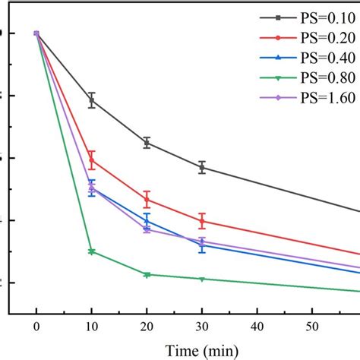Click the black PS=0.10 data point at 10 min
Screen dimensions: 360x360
[x=92, y=100]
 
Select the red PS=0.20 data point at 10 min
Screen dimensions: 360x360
[x=92, y=159]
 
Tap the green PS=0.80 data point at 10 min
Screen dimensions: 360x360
[x=92, y=251]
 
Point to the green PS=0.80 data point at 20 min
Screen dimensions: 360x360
[x=147, y=275]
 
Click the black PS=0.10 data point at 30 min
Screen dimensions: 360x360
[x=202, y=168]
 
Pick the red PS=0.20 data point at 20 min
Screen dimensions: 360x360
[x=147, y=200]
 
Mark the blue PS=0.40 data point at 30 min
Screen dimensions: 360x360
[x=202, y=245]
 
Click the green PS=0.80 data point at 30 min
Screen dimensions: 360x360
[x=202, y=279]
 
